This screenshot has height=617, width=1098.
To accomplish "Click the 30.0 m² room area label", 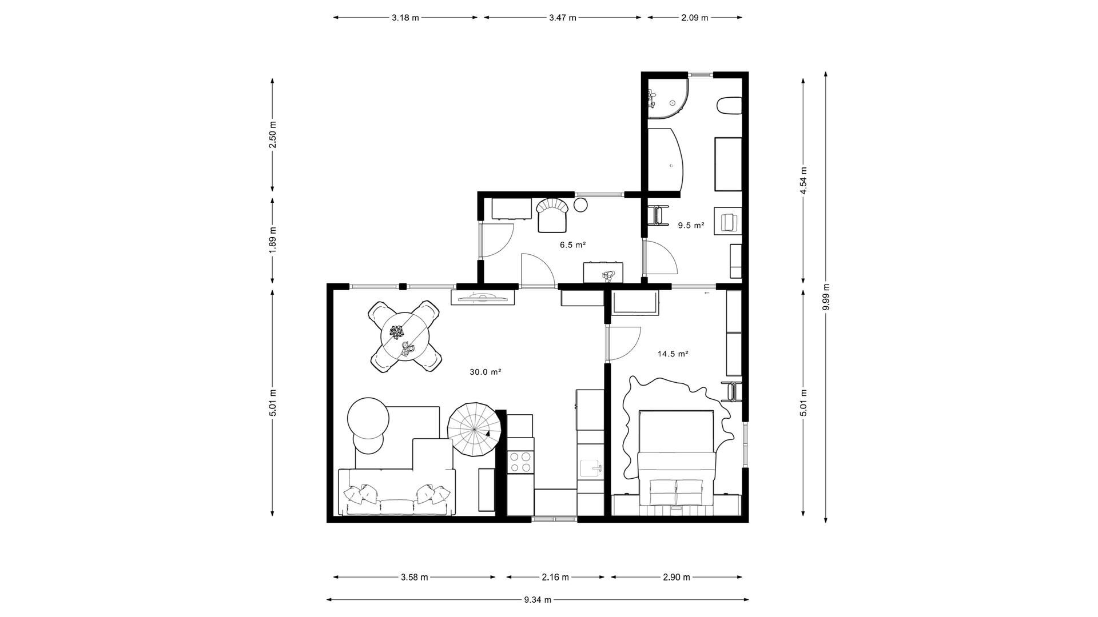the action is click(486, 372).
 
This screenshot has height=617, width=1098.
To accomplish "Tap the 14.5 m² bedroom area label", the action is click(673, 354).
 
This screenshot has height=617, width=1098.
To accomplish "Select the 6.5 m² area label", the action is click(572, 245).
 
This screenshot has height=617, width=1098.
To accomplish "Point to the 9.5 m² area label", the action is click(691, 226).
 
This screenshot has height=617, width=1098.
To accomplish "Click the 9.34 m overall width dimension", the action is click(538, 600).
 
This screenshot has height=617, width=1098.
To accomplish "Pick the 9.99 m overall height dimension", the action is click(826, 297).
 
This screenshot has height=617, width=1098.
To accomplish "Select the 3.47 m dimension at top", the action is click(563, 18).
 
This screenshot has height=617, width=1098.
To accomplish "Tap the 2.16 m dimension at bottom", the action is click(555, 577).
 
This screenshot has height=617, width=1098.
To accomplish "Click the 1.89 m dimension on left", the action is click(273, 241).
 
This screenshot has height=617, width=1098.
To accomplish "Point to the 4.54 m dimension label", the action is click(803, 181).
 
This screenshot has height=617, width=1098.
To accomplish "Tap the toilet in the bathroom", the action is click(730, 106).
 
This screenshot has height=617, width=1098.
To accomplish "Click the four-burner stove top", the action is click(520, 462).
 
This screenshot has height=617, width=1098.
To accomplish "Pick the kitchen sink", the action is click(591, 468).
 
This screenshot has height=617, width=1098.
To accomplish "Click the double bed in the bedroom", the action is click(677, 458).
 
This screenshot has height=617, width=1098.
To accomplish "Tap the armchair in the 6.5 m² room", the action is click(552, 215).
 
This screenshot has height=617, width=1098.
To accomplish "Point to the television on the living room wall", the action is click(483, 297).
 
